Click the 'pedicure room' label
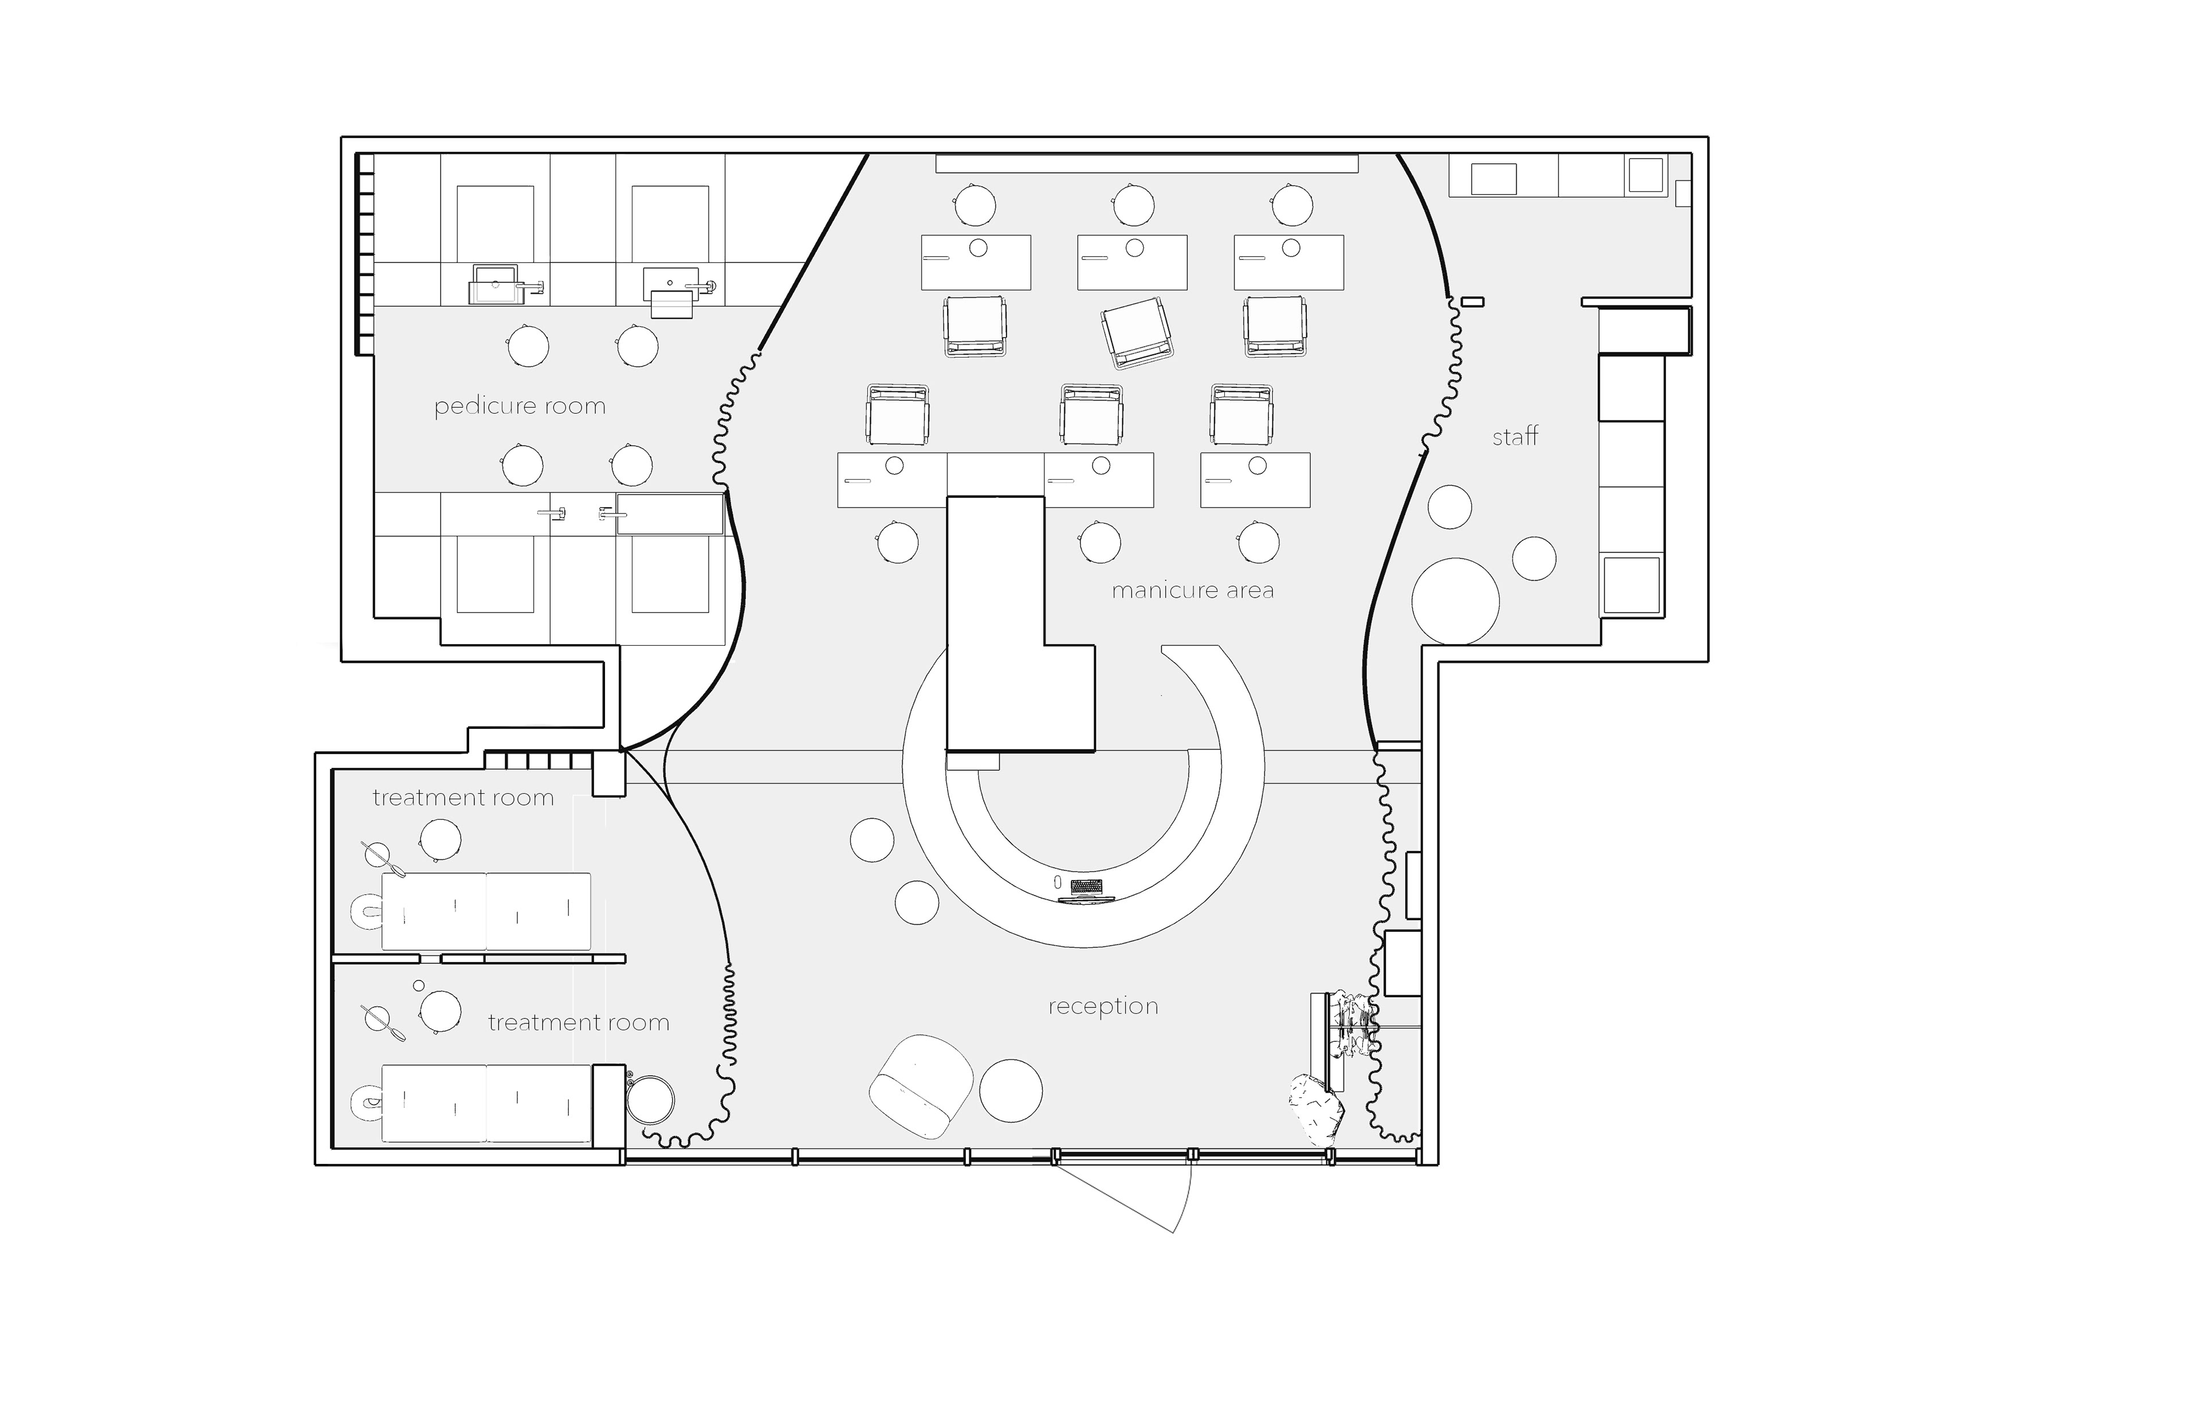pos(520,406)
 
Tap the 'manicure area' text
pos(1193,590)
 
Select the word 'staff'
pos(1515,437)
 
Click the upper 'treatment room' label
pos(463,798)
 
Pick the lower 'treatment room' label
pos(579,1022)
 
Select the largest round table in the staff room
pos(1455,602)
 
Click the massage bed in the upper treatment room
pos(486,911)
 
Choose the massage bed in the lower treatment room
pos(486,1104)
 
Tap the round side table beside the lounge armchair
pos(1011,1089)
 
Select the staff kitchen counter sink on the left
pos(1493,179)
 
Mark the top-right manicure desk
pos(1289,262)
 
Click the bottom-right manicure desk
pos(1255,480)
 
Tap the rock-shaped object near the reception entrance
pos(1317,1109)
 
